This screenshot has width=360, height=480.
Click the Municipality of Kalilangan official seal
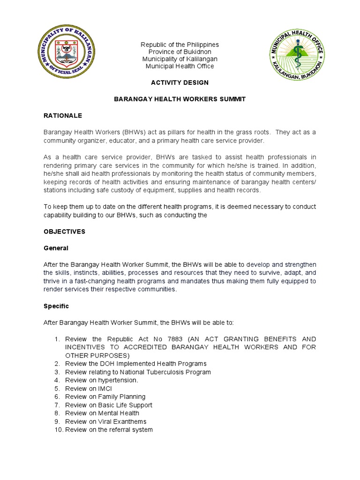[x=66, y=52]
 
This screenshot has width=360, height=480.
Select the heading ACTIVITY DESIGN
[x=180, y=82]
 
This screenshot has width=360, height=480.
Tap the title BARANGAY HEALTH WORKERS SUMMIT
[x=180, y=99]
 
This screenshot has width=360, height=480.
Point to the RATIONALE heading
[x=63, y=115]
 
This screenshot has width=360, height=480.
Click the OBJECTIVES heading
[x=64, y=232]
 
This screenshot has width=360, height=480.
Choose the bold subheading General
[x=56, y=248]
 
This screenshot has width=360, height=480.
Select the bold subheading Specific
[x=56, y=306]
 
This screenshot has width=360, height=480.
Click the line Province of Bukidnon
[x=180, y=52]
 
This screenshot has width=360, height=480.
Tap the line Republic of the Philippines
[x=180, y=45]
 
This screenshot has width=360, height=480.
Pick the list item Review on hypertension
[x=101, y=380]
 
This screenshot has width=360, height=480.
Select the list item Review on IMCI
[x=89, y=389]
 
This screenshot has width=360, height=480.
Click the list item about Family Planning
[x=105, y=397]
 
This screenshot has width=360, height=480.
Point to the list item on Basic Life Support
[x=109, y=405]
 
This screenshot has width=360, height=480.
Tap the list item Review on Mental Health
[x=102, y=413]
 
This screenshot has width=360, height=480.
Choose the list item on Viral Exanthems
[x=105, y=421]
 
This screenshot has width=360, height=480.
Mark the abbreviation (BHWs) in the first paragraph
[x=123, y=132]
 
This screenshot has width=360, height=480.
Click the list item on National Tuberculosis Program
[x=138, y=372]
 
